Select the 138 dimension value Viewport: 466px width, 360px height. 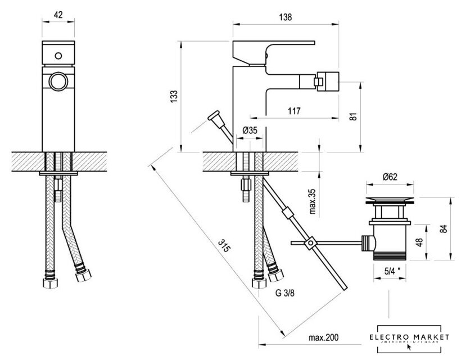285,17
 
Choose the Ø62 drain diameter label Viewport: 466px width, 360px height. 391,177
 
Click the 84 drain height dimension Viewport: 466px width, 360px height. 444,228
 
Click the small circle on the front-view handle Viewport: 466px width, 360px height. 58,56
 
